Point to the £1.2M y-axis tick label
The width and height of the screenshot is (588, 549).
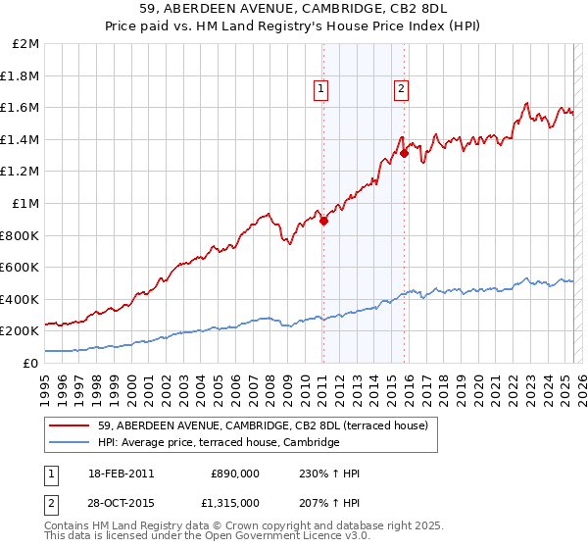(22, 172)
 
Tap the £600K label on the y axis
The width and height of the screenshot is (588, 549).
(20, 267)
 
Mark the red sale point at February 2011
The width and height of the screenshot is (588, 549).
(323, 221)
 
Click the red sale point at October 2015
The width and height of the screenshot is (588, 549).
(404, 153)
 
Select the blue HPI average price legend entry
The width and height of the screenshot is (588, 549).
(218, 443)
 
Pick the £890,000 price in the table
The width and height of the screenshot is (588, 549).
(235, 474)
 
